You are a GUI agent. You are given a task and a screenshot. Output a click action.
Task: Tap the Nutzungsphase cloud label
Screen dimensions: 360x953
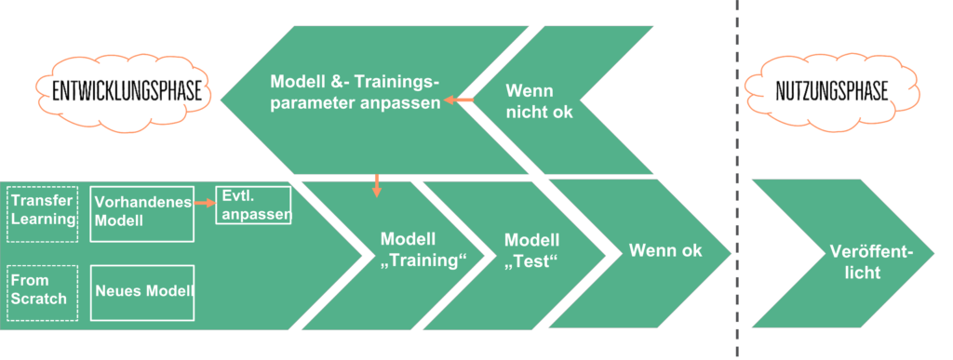[x=830, y=91]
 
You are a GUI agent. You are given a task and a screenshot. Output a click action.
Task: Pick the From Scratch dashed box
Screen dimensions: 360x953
[x=41, y=289]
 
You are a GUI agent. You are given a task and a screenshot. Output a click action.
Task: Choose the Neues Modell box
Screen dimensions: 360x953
[x=142, y=289]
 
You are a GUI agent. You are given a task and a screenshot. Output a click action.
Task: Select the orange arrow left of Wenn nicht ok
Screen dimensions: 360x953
[x=458, y=100]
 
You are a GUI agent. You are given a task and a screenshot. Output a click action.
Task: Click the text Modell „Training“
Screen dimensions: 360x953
[x=423, y=249]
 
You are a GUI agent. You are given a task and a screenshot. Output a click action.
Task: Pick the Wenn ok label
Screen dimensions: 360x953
[x=665, y=250]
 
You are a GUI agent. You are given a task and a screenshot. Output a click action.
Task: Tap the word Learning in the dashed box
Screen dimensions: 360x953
[x=43, y=220]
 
